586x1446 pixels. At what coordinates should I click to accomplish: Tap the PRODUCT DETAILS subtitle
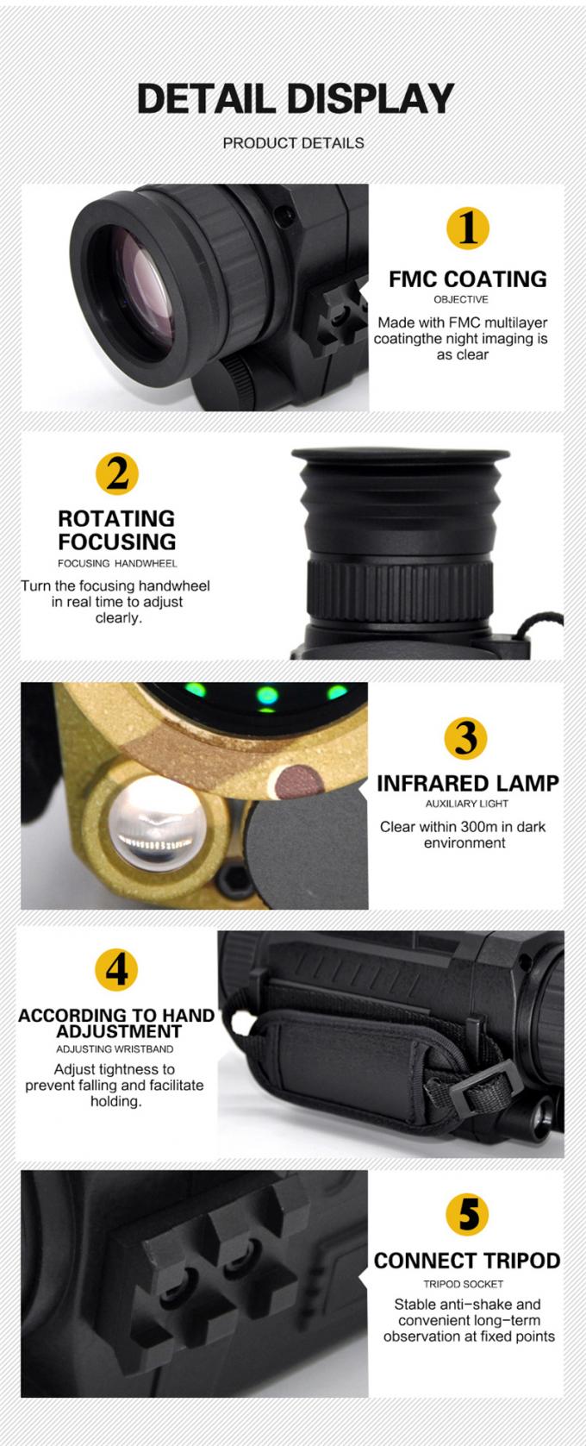pos(293,143)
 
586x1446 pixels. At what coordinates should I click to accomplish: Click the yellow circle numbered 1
pos(467,228)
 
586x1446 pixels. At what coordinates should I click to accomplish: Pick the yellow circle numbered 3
pos(466,738)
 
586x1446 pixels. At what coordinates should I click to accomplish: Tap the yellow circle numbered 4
pos(115,969)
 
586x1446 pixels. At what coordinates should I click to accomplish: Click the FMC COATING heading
pos(467,279)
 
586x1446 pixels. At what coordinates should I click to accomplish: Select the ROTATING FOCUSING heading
pos(116,530)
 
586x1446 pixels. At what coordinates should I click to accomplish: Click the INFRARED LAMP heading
pos(467,784)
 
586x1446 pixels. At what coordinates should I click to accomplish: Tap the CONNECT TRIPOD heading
pos(467,1261)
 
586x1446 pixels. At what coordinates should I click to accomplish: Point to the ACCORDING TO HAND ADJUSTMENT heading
pos(116,1023)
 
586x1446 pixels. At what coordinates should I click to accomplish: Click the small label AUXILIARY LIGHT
pos(467,804)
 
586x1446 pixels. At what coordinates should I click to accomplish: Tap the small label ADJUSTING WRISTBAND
pos(115,1049)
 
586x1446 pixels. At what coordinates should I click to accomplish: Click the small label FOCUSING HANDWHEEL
pos(117,563)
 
